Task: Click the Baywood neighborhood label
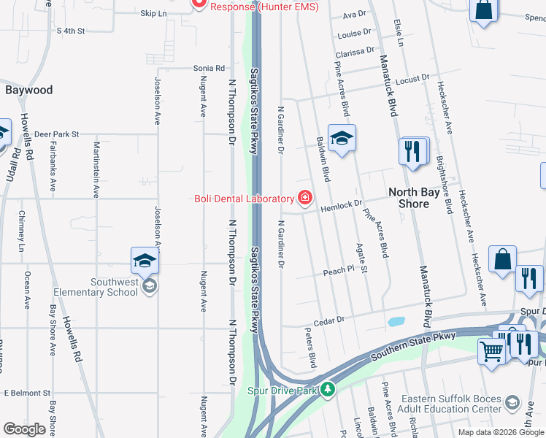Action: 29,90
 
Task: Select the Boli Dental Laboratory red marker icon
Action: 304,198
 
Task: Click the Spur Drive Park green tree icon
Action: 328,390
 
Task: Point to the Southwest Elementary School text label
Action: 114,287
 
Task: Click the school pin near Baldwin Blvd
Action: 341,137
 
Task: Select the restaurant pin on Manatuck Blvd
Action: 413,151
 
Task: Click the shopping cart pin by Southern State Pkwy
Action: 492,350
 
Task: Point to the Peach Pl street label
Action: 339,271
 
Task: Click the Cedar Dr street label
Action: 328,319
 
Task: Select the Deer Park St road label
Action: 56,134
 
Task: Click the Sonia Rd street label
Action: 209,68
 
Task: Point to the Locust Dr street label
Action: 413,77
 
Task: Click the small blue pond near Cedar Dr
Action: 396,321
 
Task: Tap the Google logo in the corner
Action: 24,429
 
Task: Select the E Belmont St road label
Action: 26,392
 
